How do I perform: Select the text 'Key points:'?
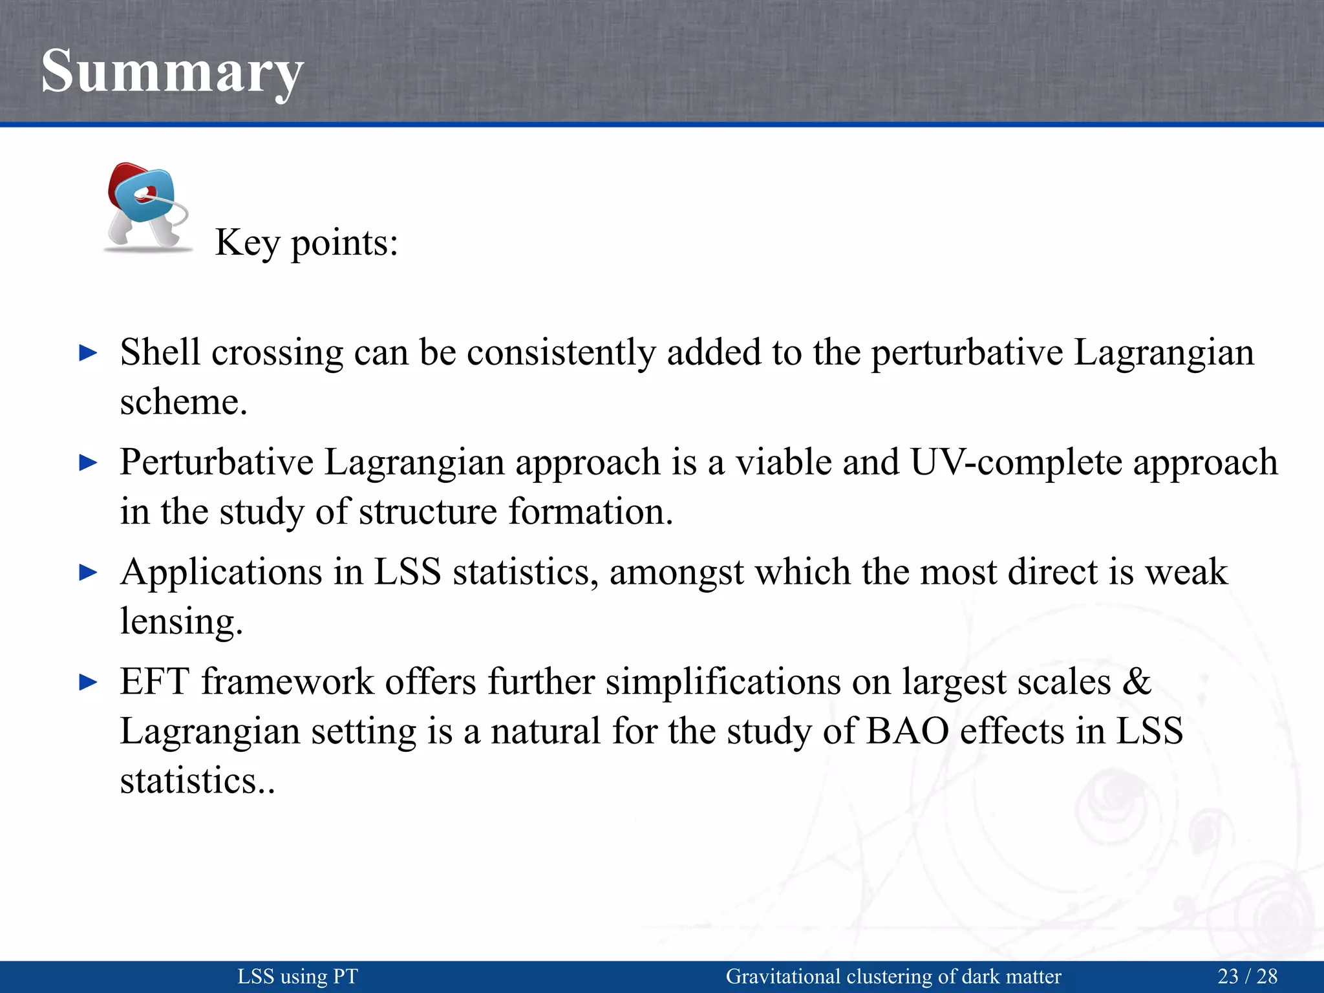(x=306, y=243)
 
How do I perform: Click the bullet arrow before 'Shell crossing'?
(x=88, y=353)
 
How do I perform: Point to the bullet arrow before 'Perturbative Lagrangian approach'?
(x=88, y=463)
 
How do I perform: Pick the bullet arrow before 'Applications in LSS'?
(x=88, y=572)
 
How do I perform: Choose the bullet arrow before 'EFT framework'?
(x=88, y=682)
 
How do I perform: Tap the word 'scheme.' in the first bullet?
(x=184, y=402)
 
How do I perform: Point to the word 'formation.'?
(x=590, y=512)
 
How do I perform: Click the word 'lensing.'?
(x=182, y=622)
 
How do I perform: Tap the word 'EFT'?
(x=155, y=682)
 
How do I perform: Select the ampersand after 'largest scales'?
(x=1137, y=682)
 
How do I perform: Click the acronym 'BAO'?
(x=907, y=731)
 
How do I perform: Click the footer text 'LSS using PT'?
(x=297, y=976)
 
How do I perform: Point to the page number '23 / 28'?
(x=1248, y=976)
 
